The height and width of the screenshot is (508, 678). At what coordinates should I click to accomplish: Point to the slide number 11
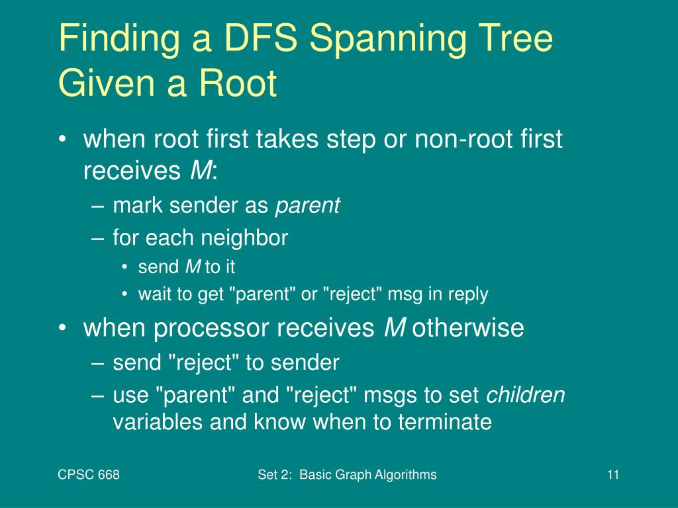[612, 474]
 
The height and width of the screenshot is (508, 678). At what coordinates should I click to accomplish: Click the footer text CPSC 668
[89, 474]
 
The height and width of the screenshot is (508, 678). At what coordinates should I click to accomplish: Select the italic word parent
[307, 206]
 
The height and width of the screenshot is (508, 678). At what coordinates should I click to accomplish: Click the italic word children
[526, 395]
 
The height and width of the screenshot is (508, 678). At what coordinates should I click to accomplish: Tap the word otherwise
[468, 327]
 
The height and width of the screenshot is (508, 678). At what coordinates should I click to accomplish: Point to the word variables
[158, 421]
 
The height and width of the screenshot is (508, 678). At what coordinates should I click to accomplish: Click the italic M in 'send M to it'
[193, 267]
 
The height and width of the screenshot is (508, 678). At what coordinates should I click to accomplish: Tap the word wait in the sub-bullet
[152, 294]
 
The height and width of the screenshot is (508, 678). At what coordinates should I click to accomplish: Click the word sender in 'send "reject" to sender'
[309, 362]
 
